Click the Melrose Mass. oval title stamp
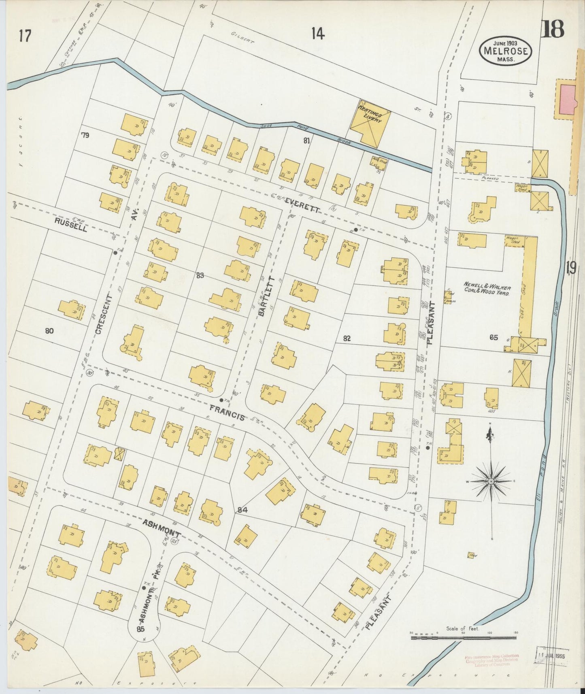505,50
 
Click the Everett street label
302,205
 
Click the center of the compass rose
491,481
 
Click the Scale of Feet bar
463,638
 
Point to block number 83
200,276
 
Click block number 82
347,338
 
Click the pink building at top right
567,99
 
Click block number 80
49,331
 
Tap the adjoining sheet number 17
25,36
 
